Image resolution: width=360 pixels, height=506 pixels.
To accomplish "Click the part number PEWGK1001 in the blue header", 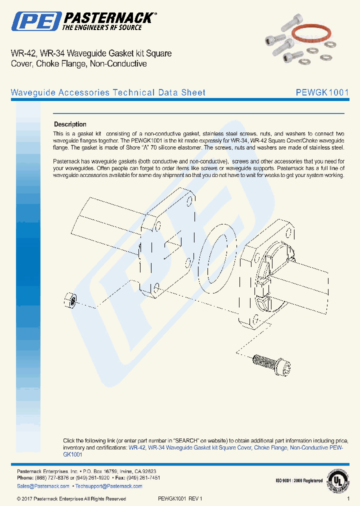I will tap(322, 92).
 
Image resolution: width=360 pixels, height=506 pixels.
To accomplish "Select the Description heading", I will tap(70, 124).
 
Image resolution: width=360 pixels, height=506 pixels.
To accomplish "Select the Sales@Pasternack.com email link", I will tap(43, 486).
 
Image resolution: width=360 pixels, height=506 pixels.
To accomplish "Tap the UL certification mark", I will tap(338, 480).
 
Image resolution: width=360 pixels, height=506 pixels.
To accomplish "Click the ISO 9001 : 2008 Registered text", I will tap(299, 481).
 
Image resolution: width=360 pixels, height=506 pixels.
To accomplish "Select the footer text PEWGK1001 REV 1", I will tap(180, 498).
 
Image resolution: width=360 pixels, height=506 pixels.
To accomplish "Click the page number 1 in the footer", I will tap(348, 498).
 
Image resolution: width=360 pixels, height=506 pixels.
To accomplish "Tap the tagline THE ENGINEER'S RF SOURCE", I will tap(101, 27).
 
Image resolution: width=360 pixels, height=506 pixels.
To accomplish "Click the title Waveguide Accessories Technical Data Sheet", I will tap(108, 92).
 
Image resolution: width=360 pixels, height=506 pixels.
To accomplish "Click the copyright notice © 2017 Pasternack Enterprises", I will tap(71, 498).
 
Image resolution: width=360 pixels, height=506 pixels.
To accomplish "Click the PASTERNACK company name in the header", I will tap(107, 18).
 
